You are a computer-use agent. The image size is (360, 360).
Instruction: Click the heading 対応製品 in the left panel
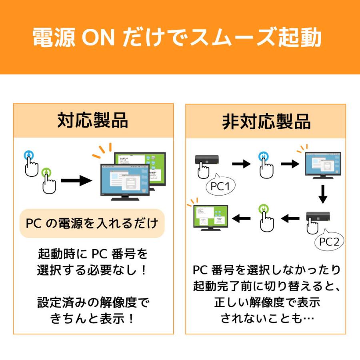[93, 120]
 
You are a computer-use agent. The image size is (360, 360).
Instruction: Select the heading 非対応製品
[266, 122]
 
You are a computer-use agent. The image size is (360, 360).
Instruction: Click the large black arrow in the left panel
[77, 180]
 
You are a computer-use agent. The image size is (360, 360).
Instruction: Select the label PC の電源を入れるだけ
[92, 223]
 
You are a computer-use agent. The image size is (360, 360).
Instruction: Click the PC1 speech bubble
[220, 185]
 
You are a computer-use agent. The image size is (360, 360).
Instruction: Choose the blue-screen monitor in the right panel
[323, 165]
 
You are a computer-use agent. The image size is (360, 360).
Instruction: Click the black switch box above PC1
[207, 160]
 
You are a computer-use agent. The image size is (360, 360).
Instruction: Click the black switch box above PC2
[318, 216]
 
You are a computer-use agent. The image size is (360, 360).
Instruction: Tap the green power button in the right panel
[264, 209]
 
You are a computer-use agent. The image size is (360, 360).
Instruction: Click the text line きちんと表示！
[92, 319]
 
